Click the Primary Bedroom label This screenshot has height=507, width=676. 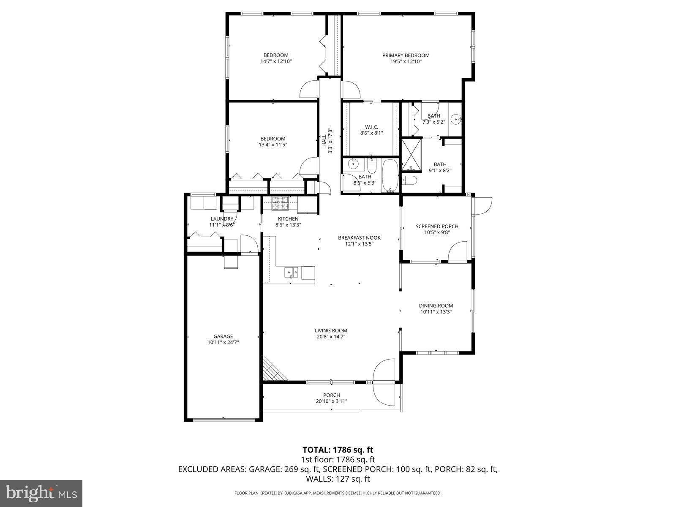[x=406, y=55]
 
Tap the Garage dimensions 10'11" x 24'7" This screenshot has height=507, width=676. [x=223, y=343]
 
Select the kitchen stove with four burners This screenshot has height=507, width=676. [x=279, y=203]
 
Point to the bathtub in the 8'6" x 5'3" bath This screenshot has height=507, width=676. [x=390, y=175]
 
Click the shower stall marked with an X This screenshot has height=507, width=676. [x=411, y=155]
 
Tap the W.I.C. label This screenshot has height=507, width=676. [x=371, y=127]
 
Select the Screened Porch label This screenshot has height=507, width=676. [x=437, y=226]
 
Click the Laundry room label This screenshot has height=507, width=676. [x=222, y=218]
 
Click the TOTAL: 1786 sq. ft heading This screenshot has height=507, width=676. [x=338, y=450]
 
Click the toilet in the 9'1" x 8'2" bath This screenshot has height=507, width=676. [x=410, y=181]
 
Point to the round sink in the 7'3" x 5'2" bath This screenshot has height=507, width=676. [x=456, y=119]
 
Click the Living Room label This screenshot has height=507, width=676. [x=331, y=330]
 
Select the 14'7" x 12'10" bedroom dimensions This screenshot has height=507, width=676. [x=276, y=61]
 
